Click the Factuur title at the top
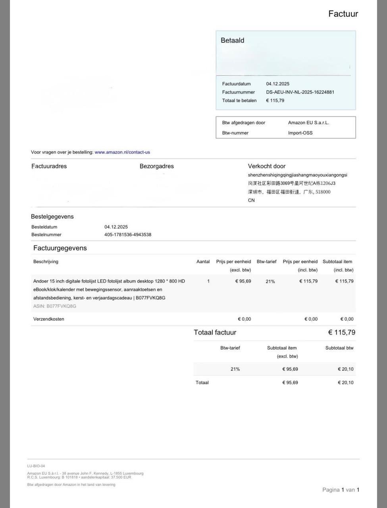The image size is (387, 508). pos(343,14)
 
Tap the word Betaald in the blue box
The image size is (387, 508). pos(232,40)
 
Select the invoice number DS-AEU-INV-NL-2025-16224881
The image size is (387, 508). pos(300,92)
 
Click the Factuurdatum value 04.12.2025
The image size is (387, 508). pos(277,84)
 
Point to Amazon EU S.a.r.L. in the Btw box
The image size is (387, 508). pos(308,123)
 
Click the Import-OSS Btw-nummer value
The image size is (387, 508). pos(300,133)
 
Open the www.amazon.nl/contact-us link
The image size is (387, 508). pos(122,152)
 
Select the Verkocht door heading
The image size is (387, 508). pos(266,166)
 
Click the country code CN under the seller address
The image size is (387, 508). pos(251,200)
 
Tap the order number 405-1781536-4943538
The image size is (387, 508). pos(127,235)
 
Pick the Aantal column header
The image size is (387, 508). pos(203,262)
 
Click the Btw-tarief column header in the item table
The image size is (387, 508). pos(266,262)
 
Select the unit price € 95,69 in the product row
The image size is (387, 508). pos(243,281)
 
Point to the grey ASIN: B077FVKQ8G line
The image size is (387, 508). pos(55,306)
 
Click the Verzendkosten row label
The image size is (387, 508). pos(48,319)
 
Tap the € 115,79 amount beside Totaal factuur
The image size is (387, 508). pos(341,333)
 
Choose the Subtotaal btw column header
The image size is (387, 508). pos(339,348)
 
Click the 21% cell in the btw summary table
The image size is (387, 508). pos(235,369)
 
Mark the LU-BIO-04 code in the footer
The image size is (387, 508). pos(36,466)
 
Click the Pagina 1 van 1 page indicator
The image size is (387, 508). pos(341,490)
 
